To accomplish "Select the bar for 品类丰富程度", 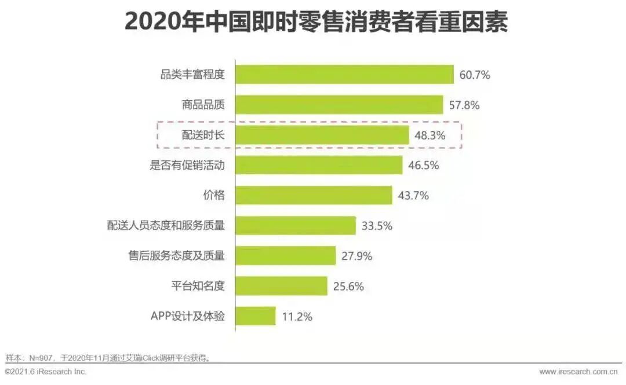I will click(x=344, y=75).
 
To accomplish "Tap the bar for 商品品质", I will click(x=339, y=105).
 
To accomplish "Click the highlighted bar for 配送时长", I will click(x=322, y=135).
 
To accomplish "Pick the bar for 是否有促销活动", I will click(x=319, y=165).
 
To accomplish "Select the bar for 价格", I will click(x=314, y=195).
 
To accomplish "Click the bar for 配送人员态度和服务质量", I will click(x=296, y=225).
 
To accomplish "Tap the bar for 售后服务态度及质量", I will click(x=286, y=255).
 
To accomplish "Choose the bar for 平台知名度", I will click(x=281, y=285).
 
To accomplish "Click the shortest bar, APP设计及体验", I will click(x=256, y=316).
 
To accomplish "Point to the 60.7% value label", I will click(x=475, y=75).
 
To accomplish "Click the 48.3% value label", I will click(x=430, y=135).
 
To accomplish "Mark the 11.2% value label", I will click(x=297, y=317).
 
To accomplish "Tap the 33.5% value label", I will click(x=377, y=226).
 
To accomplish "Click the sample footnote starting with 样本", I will click(x=108, y=357).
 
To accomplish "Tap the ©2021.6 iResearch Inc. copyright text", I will click(x=46, y=372).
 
